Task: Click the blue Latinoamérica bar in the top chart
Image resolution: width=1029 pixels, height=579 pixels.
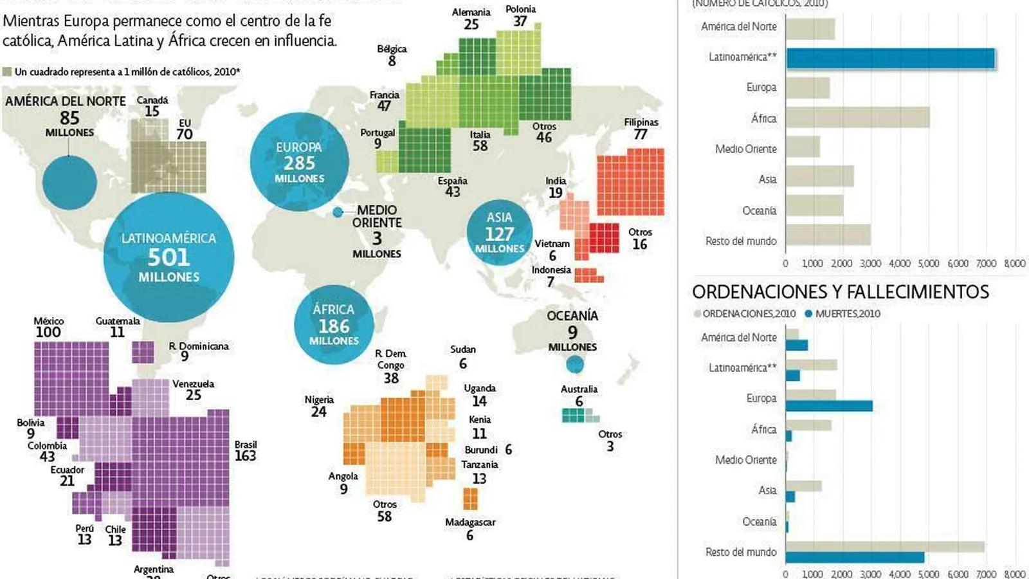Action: click(x=890, y=59)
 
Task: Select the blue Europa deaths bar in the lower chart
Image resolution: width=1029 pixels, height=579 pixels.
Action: click(x=829, y=406)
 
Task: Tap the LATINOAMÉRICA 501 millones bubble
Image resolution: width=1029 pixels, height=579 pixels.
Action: click(x=168, y=257)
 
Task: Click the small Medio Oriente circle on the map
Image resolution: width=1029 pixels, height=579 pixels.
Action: click(x=338, y=212)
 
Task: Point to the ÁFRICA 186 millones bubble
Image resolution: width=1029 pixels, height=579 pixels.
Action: click(x=333, y=325)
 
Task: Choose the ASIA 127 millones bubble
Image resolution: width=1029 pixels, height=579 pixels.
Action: click(x=499, y=233)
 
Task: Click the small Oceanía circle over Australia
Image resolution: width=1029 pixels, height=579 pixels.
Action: click(x=574, y=365)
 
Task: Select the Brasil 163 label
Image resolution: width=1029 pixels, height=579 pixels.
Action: click(x=245, y=451)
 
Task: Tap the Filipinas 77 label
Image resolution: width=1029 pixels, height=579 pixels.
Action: click(x=641, y=129)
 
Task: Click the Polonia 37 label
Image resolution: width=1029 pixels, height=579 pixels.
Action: click(x=520, y=15)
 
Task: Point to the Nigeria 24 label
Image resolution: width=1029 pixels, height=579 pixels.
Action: click(x=319, y=406)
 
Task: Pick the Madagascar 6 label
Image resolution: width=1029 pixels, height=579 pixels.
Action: click(x=470, y=528)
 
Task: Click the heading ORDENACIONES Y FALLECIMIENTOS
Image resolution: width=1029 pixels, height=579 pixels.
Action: click(x=840, y=292)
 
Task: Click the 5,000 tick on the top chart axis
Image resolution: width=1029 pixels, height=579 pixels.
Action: click(x=928, y=263)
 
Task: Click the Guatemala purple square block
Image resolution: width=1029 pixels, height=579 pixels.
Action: click(x=143, y=352)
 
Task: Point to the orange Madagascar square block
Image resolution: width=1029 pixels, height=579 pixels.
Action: click(x=470, y=499)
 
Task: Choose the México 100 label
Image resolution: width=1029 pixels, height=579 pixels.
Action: click(x=49, y=327)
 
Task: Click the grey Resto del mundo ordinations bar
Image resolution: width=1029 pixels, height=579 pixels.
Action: click(x=884, y=547)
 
